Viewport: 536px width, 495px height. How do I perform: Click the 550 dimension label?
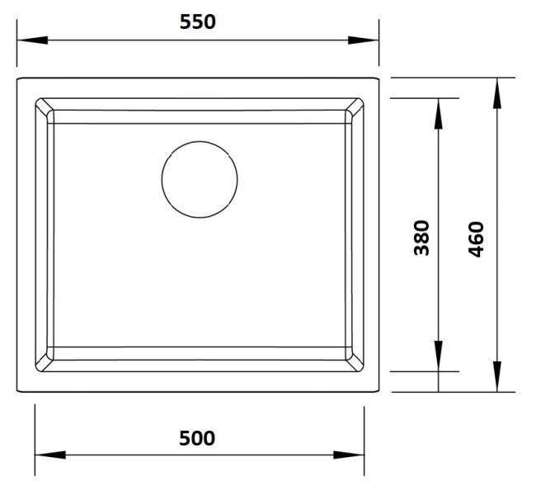pos(198,22)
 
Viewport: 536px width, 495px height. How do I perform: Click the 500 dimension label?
pos(198,438)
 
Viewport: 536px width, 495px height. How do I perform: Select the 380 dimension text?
pos(422,237)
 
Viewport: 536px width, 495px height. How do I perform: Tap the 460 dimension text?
pos(476,239)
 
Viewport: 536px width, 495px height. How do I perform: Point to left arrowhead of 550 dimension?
pos(28,40)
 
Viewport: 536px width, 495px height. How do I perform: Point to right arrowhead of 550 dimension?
pos(368,40)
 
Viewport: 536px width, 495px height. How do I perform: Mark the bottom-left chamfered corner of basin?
pos(44,360)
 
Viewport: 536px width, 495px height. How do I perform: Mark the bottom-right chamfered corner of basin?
pos(355,360)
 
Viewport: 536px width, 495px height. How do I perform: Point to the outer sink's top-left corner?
pos(17,78)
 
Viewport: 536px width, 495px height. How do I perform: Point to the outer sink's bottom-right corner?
pos(379,391)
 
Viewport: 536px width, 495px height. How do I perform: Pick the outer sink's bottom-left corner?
pos(17,391)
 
